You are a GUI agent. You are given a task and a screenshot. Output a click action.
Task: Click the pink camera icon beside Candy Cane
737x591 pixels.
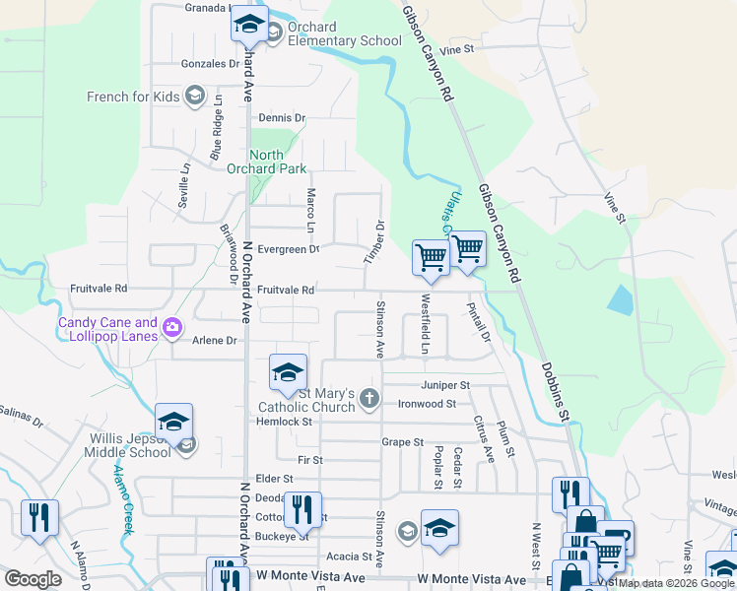pos(173,327)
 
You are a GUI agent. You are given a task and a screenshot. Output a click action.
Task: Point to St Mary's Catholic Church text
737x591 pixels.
pos(306,399)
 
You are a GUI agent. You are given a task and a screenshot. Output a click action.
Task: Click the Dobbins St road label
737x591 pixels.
pos(556,393)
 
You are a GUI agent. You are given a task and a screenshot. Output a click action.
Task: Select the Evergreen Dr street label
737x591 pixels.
pos(288,249)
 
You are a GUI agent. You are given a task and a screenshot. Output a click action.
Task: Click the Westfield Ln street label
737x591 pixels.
pos(425,324)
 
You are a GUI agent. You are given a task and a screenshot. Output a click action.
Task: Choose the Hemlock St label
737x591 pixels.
pos(285,421)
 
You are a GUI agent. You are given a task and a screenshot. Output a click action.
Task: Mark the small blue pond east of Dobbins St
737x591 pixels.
pos(621,298)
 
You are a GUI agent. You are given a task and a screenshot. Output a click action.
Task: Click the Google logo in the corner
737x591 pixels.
pos(33,579)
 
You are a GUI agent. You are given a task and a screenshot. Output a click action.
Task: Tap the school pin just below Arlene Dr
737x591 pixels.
pos(288,373)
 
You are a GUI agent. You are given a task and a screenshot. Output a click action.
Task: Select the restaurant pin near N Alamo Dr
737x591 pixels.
pos(39,518)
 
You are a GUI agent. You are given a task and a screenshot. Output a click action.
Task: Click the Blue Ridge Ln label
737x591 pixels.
pos(216,135)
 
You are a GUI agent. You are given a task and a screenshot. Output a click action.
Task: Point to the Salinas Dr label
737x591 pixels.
pos(21,416)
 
